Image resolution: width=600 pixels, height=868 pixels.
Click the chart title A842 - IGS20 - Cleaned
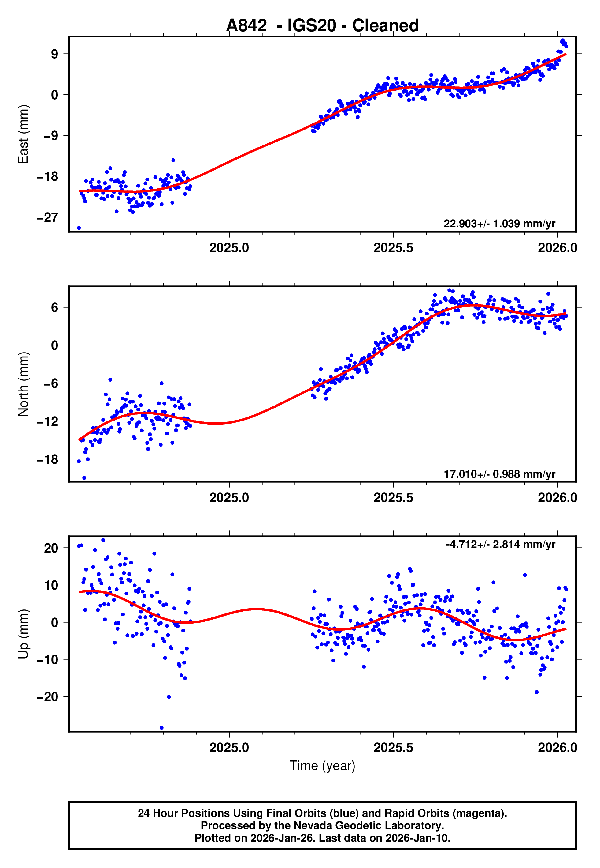click(x=322, y=26)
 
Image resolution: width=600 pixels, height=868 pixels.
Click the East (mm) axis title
click(x=23, y=134)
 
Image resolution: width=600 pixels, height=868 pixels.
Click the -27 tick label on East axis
click(x=47, y=217)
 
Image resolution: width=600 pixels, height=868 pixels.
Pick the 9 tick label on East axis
click(x=55, y=54)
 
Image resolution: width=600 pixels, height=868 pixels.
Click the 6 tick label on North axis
click(x=55, y=308)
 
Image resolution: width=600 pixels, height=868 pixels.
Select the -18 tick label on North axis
click(x=47, y=459)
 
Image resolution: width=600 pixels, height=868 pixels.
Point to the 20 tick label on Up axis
click(x=51, y=548)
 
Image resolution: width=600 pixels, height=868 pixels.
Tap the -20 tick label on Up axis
click(x=47, y=697)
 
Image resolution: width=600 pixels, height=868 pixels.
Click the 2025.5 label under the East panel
click(x=393, y=248)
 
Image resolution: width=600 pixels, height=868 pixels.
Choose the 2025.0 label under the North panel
click(x=229, y=498)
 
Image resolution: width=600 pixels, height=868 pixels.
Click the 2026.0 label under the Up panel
click(x=557, y=748)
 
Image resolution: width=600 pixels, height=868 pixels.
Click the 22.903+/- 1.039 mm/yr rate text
click(x=499, y=224)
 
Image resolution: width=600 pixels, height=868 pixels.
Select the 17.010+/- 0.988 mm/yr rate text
click(x=499, y=474)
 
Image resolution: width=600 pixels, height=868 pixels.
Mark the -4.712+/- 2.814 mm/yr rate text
click(x=500, y=544)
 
